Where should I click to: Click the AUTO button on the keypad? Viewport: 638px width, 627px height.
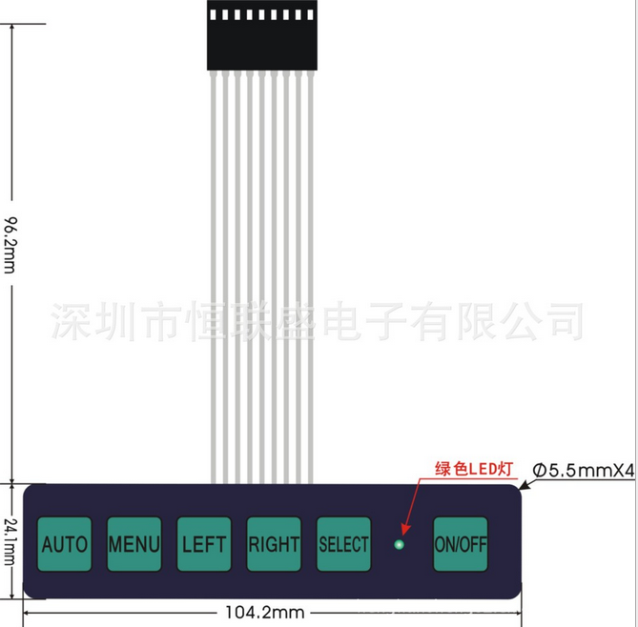tap(65, 544)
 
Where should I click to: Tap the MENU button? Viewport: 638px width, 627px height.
tap(134, 544)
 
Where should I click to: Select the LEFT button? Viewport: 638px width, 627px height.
tap(204, 544)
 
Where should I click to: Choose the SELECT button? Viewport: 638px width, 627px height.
tap(343, 544)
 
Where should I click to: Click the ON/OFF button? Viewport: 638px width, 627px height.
tap(461, 544)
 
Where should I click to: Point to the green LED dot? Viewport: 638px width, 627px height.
tap(400, 545)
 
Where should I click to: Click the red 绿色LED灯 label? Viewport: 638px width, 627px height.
tap(474, 468)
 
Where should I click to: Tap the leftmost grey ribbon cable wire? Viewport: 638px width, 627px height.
tap(213, 276)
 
